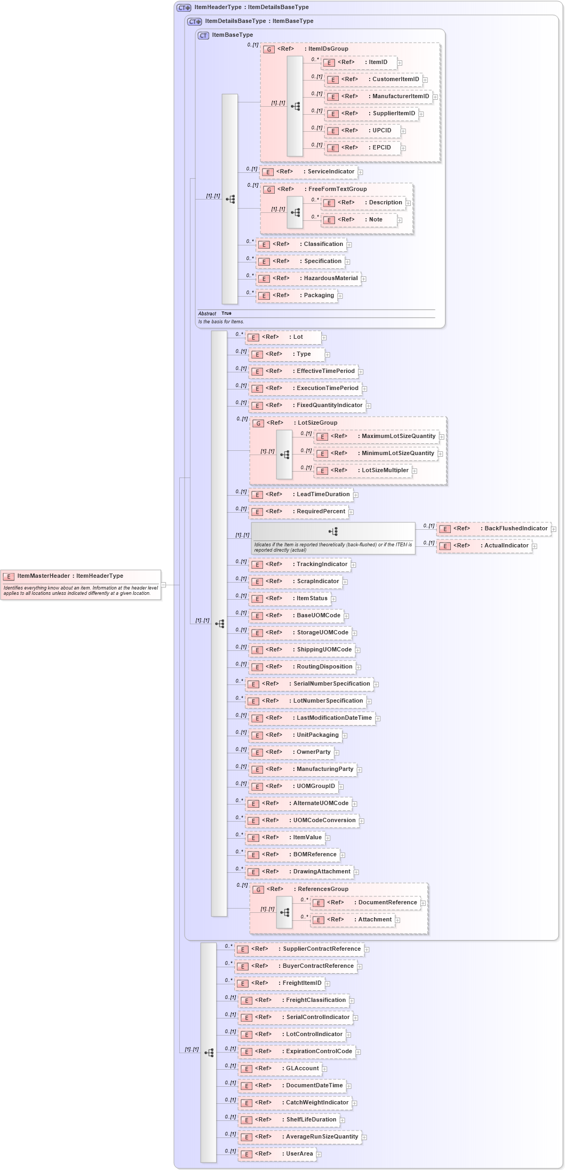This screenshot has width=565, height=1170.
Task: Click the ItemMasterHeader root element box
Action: click(80, 576)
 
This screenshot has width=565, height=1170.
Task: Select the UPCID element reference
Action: click(381, 131)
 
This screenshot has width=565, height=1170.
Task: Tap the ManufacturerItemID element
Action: click(400, 97)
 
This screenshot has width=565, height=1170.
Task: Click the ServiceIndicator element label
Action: click(330, 172)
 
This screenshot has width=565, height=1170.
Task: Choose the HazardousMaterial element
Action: click(330, 278)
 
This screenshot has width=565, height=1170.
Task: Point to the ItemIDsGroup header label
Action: click(328, 49)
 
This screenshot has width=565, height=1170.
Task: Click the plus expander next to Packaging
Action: click(340, 296)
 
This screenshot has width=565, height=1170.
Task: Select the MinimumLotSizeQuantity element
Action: click(397, 453)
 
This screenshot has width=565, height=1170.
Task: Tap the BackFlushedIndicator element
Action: click(515, 529)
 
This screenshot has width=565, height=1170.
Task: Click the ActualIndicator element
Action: click(506, 546)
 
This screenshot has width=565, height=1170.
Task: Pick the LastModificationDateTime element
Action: click(334, 718)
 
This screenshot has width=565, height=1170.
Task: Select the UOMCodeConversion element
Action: click(324, 821)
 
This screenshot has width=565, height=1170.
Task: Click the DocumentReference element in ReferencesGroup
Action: click(387, 903)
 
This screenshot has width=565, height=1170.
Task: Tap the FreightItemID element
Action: click(302, 983)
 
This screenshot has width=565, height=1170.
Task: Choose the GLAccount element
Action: click(302, 1069)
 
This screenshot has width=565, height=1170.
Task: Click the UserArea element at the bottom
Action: click(299, 1154)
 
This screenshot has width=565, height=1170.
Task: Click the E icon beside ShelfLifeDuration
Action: click(246, 1120)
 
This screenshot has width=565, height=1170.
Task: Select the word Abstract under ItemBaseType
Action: click(207, 314)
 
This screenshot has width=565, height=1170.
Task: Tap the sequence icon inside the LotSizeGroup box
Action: click(285, 455)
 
